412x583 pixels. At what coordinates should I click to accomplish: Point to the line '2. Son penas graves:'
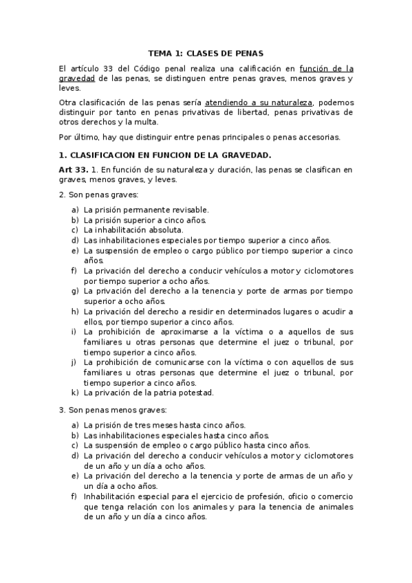(98, 195)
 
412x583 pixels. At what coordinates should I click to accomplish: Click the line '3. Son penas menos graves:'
(112, 410)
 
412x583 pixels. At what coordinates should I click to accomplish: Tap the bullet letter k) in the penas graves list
(75, 393)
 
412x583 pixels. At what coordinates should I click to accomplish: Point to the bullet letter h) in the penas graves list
(75, 311)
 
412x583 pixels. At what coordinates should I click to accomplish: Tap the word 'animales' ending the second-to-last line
(332, 507)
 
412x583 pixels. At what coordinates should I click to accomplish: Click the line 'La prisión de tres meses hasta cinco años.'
(164, 425)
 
